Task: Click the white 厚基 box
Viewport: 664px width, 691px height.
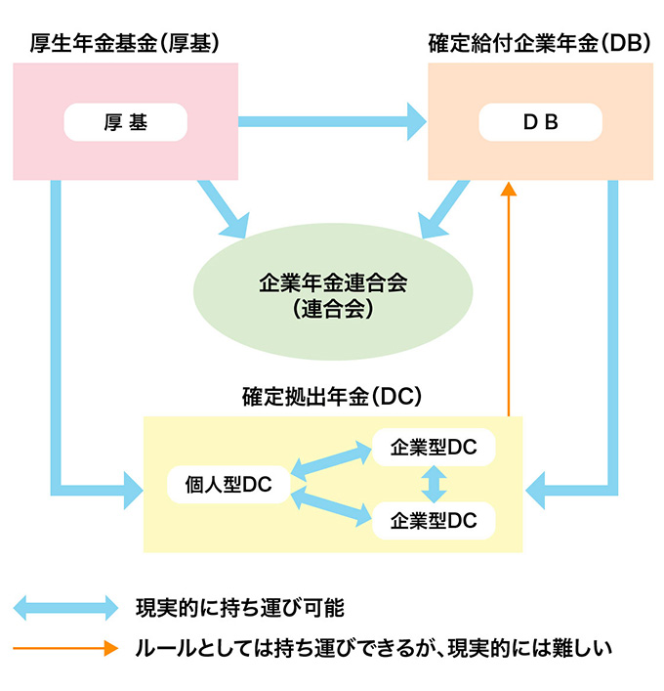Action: click(125, 122)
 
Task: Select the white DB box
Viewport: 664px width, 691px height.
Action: click(540, 122)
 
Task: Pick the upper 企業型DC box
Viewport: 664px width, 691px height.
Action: click(434, 448)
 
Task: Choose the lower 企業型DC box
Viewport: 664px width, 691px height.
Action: click(434, 520)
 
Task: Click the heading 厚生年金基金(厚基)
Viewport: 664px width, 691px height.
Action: click(124, 44)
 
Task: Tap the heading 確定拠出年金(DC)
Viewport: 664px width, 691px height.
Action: click(331, 397)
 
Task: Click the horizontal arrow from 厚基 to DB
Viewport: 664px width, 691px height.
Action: click(332, 122)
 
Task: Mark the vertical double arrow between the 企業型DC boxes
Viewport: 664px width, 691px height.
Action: click(434, 484)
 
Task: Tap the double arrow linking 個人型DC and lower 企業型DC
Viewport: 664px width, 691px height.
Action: click(332, 508)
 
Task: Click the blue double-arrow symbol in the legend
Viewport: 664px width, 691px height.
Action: click(64, 607)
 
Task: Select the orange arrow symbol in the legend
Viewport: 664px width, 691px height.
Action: click(64, 647)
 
